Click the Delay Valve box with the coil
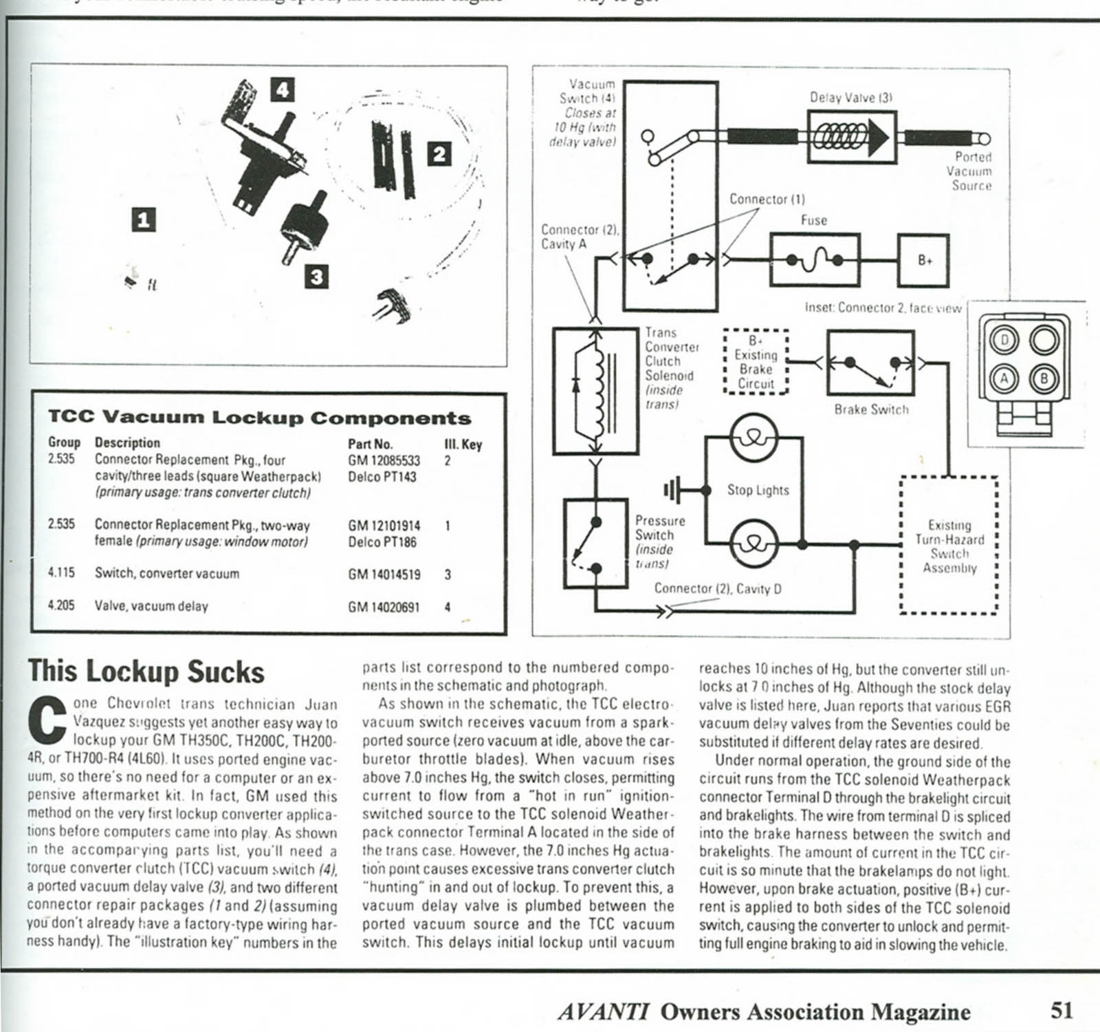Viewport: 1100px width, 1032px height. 852,138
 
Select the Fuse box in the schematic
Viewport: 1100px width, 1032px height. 815,260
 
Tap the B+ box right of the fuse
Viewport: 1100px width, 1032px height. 923,261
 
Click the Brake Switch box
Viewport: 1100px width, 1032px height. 870,363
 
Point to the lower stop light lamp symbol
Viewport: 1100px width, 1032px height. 754,543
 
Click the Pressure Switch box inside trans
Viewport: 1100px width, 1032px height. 595,543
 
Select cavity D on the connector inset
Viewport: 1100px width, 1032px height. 1005,341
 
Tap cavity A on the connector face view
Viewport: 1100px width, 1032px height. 1005,378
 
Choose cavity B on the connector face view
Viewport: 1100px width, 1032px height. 1044,378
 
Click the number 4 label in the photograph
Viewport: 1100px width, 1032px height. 283,90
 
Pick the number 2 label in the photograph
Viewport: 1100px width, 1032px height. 440,153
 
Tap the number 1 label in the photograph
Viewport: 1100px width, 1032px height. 143,220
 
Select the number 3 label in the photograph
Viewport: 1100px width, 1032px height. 316,277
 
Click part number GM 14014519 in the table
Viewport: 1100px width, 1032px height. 384,574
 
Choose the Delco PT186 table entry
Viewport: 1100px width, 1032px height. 382,542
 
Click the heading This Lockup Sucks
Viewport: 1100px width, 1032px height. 146,671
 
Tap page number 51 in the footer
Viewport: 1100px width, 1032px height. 1061,1010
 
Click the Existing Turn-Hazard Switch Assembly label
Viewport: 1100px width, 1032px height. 949,546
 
